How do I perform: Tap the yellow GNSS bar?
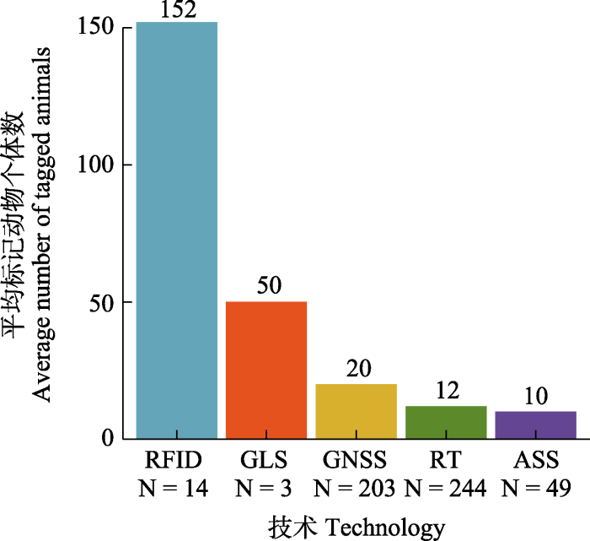356,411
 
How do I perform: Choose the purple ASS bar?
535,425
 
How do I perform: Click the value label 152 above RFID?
176,10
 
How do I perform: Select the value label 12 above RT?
446,392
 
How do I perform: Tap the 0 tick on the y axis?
108,439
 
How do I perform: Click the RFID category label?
176,463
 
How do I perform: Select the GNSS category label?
356,463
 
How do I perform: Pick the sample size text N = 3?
266,488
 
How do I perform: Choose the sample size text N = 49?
535,488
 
